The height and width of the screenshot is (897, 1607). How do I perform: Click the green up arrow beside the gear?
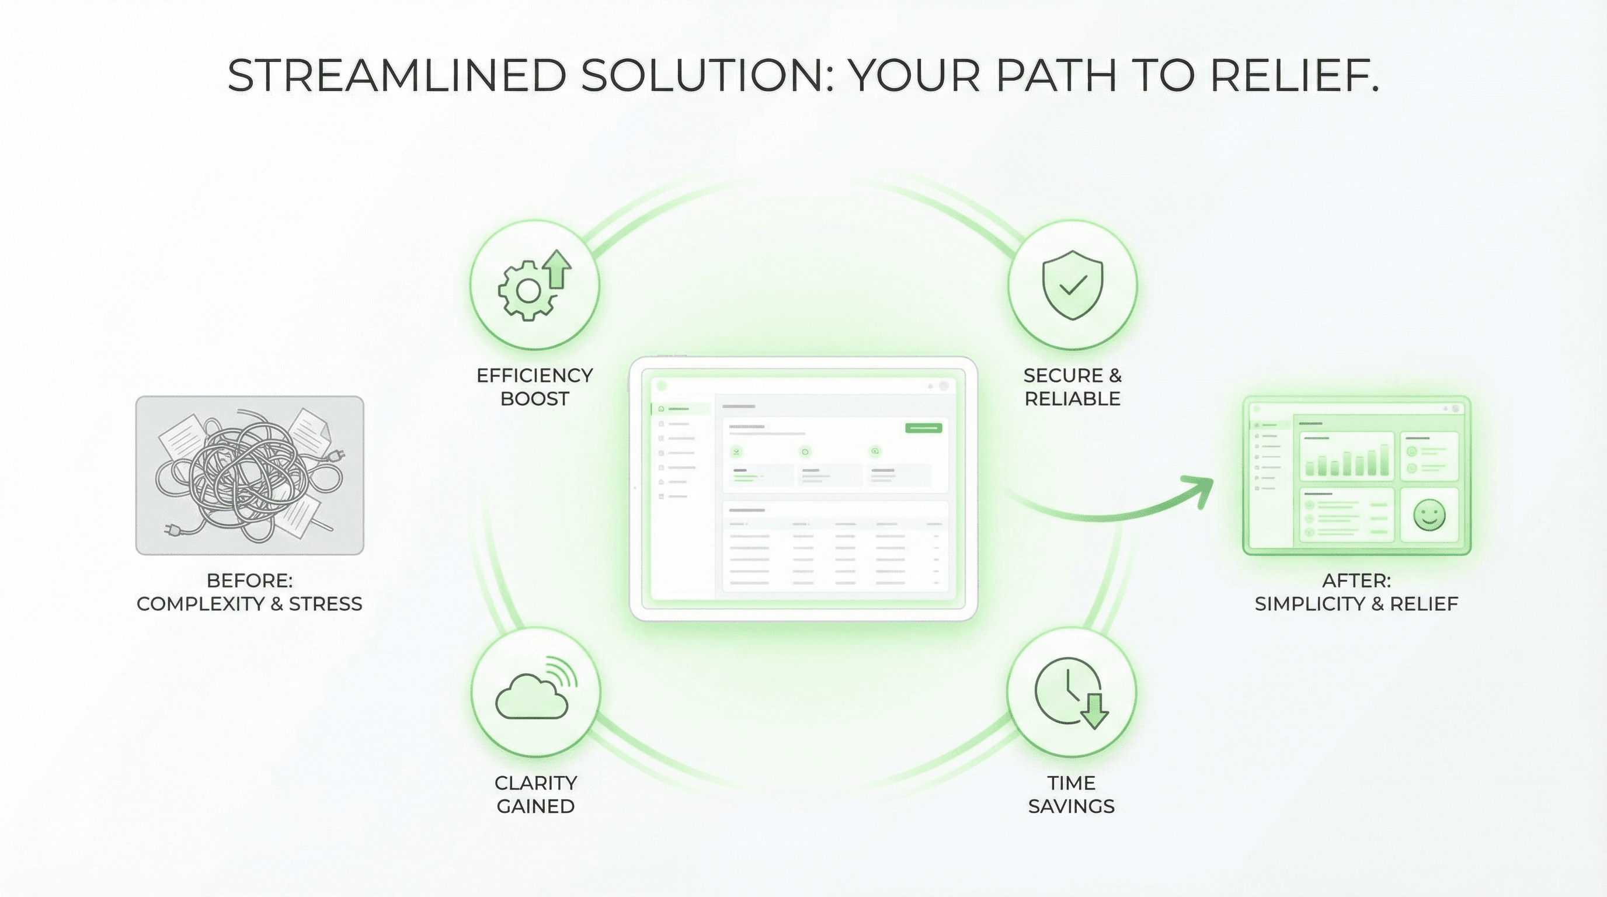point(557,269)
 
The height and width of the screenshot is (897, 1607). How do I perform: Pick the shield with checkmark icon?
point(1072,285)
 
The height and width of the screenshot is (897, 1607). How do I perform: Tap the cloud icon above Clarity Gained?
point(531,697)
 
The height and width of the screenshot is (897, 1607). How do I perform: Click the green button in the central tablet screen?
point(923,428)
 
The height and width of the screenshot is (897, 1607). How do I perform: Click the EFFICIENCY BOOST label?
point(535,387)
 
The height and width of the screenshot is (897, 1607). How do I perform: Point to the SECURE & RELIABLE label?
point(1072,387)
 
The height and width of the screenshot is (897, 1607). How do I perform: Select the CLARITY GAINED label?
point(535,794)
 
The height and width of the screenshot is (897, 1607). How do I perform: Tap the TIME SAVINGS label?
point(1071,794)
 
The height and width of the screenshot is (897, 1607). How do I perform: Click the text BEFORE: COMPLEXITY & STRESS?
point(249,592)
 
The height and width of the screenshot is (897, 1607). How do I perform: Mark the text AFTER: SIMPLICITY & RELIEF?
point(1356,592)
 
